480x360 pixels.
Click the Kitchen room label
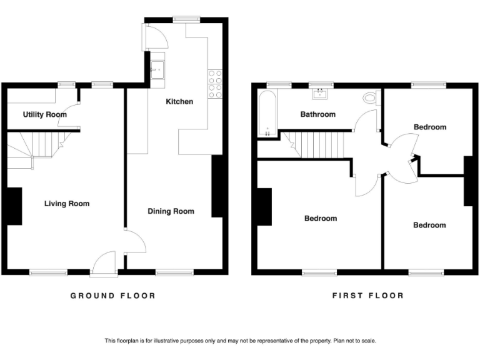pos(179,101)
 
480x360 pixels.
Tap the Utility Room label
pos(44,115)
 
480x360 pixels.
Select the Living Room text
pos(66,204)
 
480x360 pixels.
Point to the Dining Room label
pos(171,211)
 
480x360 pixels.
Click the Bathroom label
pos(317,114)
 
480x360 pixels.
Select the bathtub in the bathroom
pos(267,114)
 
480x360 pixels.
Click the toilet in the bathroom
pos(370,98)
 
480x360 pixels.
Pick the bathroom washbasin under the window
pos(322,94)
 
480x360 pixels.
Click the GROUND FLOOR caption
pos(112,296)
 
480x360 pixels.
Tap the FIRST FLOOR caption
pos(367,296)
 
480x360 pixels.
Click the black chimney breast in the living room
pos(14,206)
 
